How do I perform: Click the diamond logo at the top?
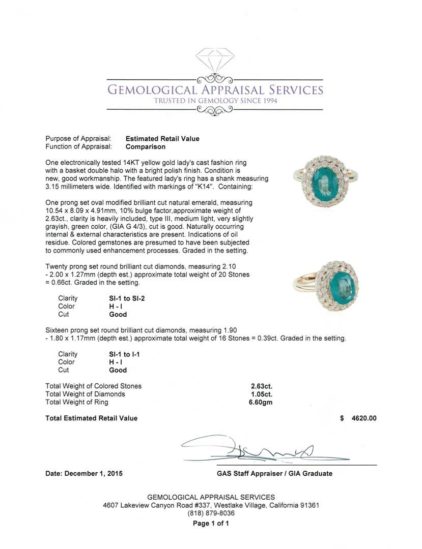coord(215,60)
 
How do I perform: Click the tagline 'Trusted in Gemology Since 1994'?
coord(215,101)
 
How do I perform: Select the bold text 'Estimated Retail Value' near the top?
coord(162,139)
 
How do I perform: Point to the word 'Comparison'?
coord(146,147)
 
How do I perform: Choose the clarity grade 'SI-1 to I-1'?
coord(121,354)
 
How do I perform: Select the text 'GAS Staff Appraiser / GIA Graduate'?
coord(274,473)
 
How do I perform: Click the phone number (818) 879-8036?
coord(211,513)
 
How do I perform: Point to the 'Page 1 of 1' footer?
coord(211,523)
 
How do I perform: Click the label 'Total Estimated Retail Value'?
coord(92,418)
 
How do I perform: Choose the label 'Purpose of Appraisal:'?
coord(78,139)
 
